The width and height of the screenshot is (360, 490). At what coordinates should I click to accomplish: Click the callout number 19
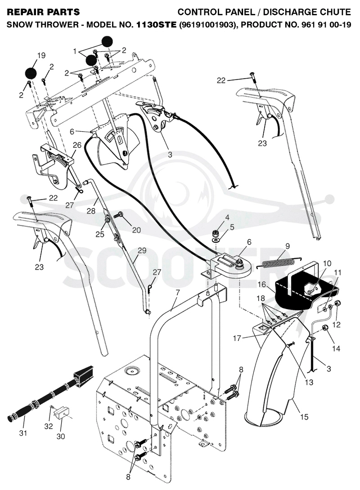pos(41,55)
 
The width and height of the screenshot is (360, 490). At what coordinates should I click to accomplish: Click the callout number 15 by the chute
pos(304,417)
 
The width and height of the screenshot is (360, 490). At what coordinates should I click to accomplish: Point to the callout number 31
pos(23,433)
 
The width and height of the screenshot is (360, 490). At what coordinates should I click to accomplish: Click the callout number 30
pos(61,436)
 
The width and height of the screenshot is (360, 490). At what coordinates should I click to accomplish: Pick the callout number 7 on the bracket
pos(178,293)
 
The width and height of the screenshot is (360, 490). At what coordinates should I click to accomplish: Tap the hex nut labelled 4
pos(215,233)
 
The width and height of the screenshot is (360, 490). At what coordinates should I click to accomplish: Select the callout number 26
pos(77,145)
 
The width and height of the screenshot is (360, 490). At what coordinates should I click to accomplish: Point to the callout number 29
pos(142,250)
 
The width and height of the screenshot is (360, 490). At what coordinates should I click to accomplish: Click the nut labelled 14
pos(325,328)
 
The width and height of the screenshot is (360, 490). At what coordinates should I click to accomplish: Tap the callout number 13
pos(309,382)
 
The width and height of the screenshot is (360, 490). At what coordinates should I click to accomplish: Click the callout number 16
pos(261,285)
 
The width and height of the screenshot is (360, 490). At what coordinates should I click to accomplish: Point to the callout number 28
pos(91,211)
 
